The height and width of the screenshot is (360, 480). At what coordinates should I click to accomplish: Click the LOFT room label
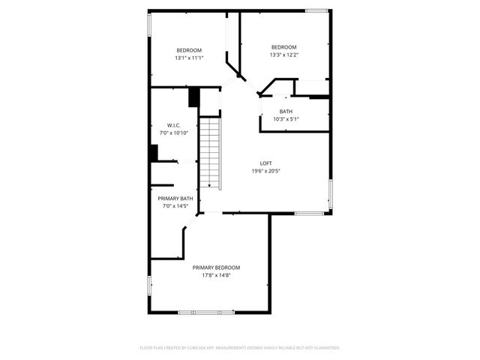click(265, 163)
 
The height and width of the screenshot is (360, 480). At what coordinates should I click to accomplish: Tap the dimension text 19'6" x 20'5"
click(265, 171)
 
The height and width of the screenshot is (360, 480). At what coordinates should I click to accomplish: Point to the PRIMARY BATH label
click(175, 199)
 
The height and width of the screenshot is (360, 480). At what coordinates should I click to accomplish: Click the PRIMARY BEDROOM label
click(216, 268)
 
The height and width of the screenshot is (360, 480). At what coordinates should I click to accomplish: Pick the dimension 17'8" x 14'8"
click(216, 275)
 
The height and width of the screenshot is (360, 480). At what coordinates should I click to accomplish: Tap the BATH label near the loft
click(286, 112)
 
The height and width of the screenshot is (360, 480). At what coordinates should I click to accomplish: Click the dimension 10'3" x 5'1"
click(286, 119)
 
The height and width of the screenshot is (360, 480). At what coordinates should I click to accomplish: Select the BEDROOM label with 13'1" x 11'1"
click(189, 50)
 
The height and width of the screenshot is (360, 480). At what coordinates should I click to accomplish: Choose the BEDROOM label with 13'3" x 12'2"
click(284, 46)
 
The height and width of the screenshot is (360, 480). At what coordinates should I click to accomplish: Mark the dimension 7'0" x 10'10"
click(173, 133)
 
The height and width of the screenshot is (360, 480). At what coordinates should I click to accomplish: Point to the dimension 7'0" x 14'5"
click(175, 206)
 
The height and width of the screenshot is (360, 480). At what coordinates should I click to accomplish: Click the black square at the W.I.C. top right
click(193, 97)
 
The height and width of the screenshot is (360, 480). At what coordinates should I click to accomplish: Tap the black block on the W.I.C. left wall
click(154, 153)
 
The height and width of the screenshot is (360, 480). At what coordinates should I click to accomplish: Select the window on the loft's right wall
click(330, 193)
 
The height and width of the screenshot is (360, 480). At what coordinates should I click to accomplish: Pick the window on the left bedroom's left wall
click(149, 24)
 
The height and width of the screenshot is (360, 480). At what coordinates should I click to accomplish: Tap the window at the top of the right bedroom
click(316, 10)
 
